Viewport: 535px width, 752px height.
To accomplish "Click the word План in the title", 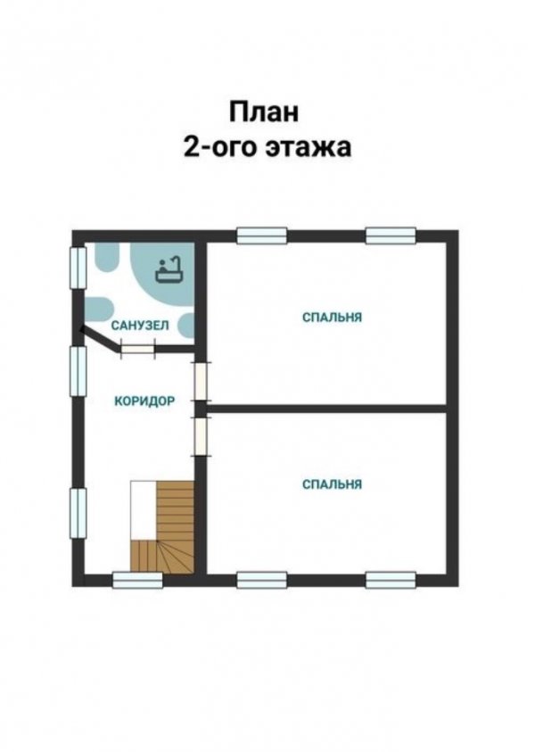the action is pos(264,112).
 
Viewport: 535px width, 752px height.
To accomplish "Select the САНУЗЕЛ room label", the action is pos(140,326).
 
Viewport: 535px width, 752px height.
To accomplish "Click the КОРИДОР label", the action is pos(144,401).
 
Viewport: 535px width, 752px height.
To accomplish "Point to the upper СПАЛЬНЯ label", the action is pos(332,318).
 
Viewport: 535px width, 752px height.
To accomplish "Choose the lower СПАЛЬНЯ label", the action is pos(332,484).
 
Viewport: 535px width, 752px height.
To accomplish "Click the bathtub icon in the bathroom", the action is pos(169,269).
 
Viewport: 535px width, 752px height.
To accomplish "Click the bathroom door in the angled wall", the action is pos(137,347).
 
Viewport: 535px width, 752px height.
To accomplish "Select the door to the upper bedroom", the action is pos(201,381).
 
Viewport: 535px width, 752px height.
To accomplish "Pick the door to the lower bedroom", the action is pos(201,436).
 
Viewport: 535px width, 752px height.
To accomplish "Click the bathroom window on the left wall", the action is pos(78,268).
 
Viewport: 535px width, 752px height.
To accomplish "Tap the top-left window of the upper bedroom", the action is pos(262,236).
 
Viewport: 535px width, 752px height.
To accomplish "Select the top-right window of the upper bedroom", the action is pos(391,236).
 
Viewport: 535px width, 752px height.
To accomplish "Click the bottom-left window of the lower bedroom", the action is pos(262,580).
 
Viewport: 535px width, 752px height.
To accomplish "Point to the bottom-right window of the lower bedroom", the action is pos(391,580).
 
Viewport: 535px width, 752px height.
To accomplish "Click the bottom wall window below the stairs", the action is pos(137,580).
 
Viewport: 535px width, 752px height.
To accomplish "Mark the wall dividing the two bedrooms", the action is pos(327,409).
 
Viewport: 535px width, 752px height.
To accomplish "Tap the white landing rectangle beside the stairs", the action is pos(144,510).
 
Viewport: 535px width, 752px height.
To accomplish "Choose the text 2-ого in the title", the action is pos(221,147).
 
